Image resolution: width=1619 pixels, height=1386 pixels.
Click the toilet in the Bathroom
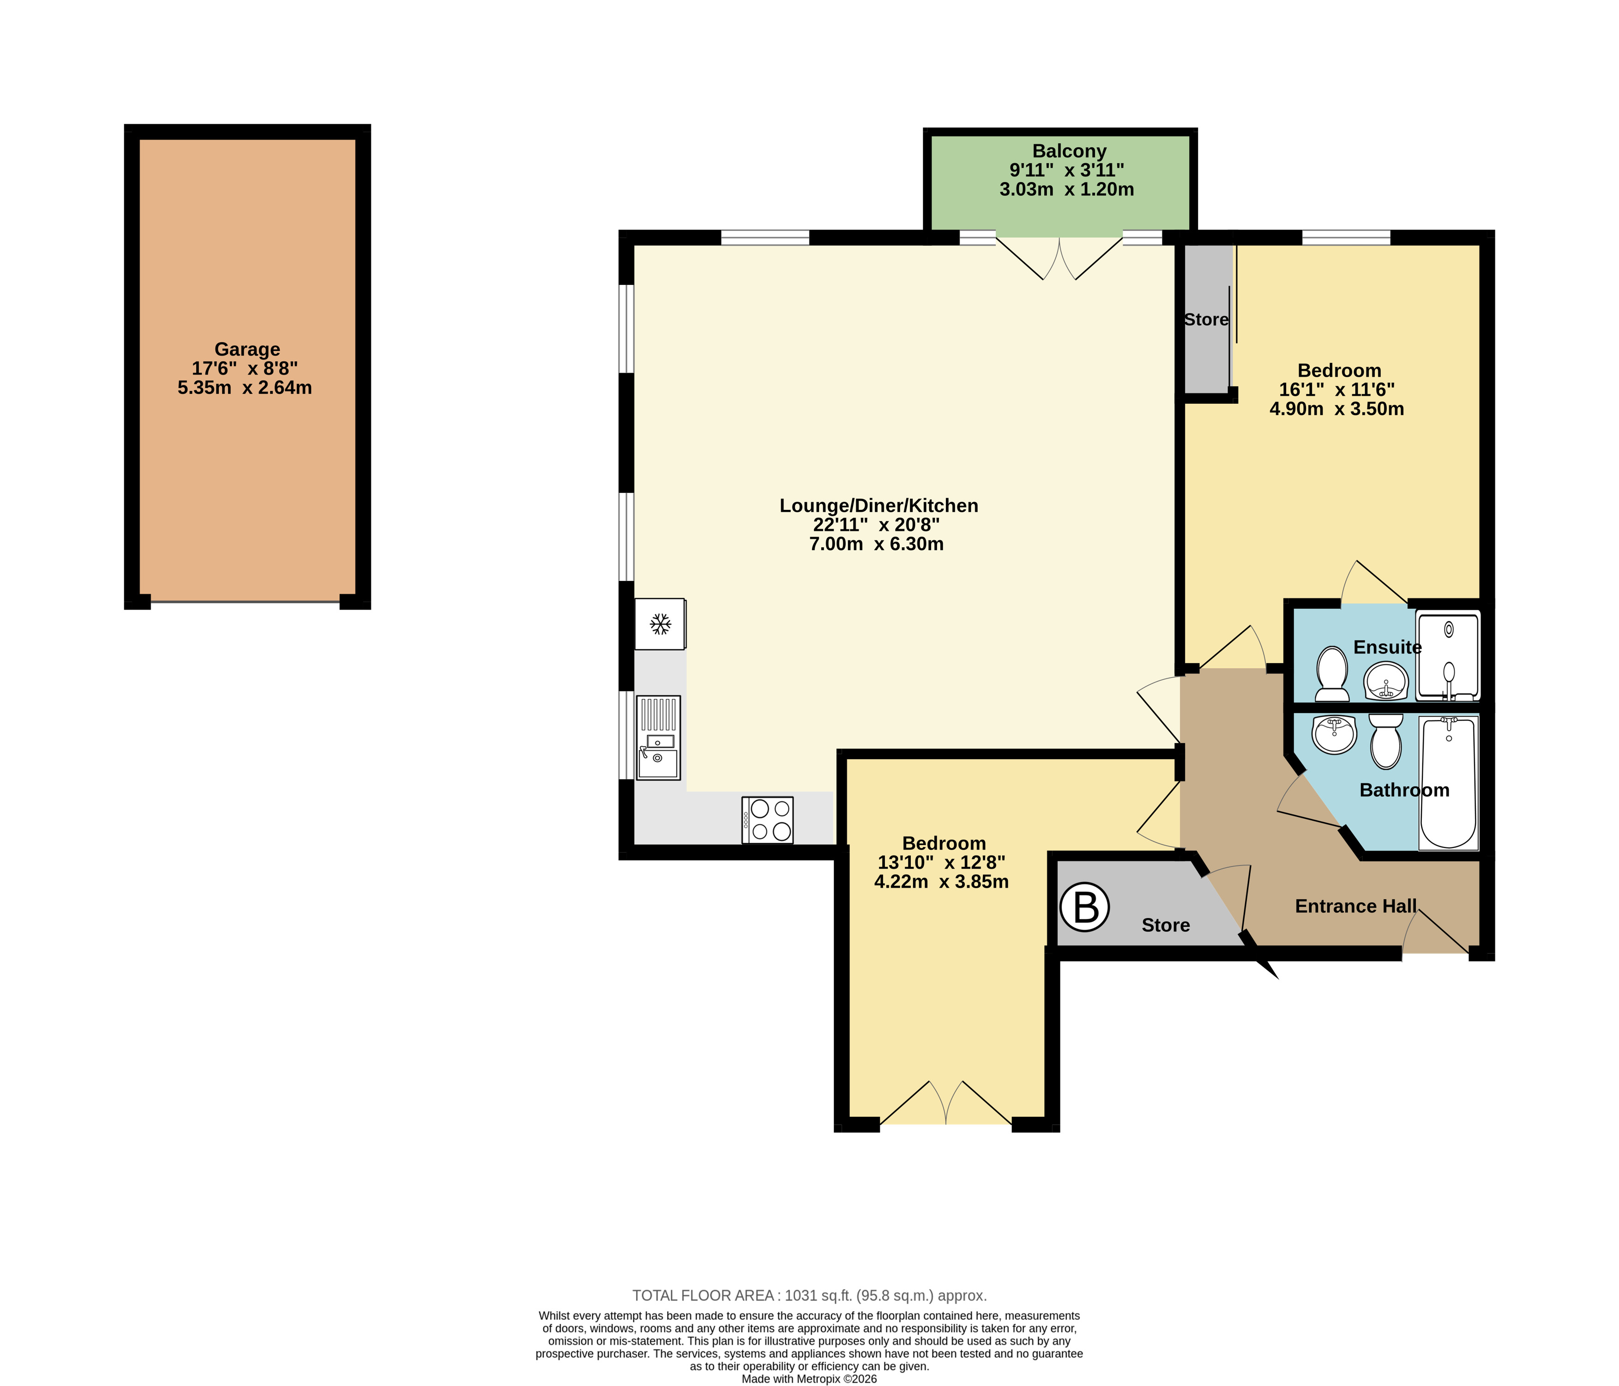(1386, 741)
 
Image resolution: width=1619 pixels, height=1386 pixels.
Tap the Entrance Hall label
(1356, 906)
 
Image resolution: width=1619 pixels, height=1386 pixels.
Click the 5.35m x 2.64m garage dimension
(245, 388)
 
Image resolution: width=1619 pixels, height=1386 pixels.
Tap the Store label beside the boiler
(1165, 926)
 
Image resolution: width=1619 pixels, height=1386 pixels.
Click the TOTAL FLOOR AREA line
(810, 1295)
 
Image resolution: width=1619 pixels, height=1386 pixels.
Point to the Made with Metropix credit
(810, 1379)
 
